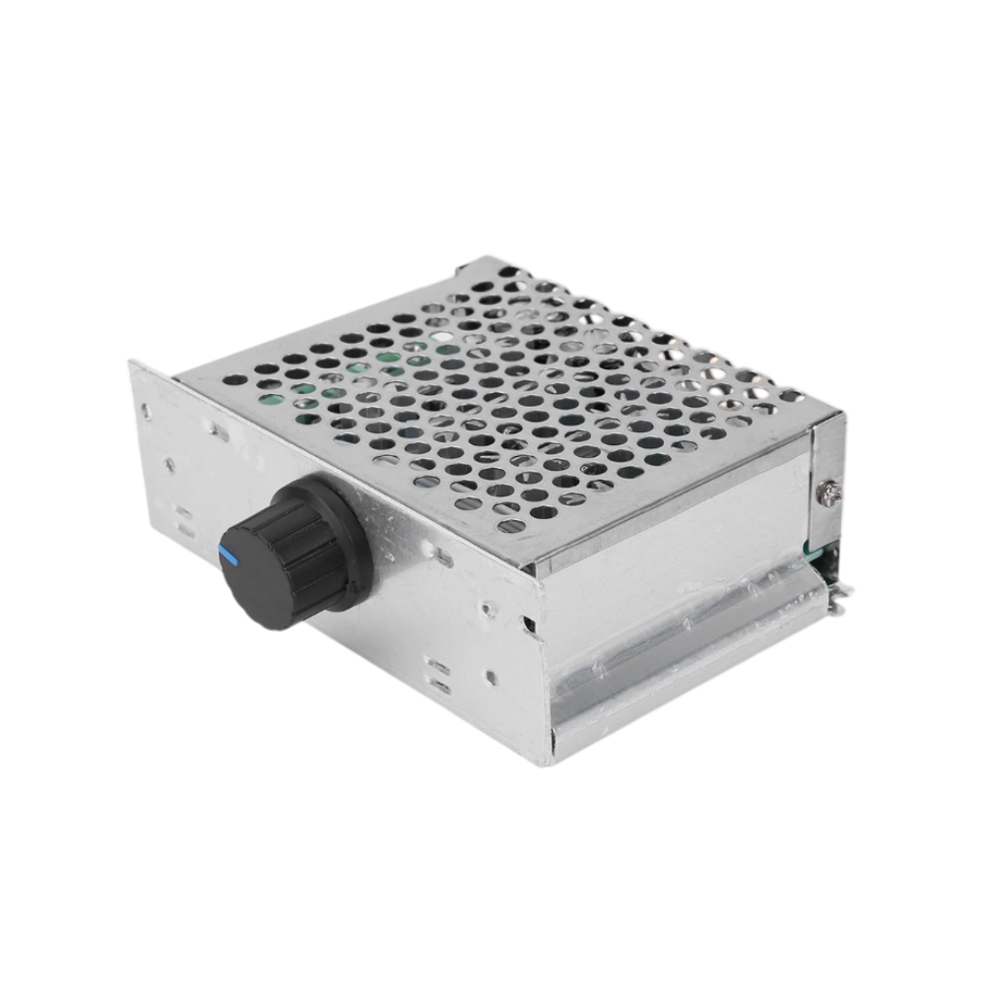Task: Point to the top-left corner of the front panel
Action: click(x=133, y=364)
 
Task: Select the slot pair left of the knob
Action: click(x=183, y=518)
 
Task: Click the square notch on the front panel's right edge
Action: click(x=530, y=624)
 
